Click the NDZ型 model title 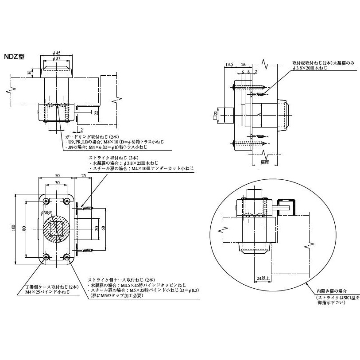[15, 57]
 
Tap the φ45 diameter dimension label [56, 53]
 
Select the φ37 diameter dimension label [56, 58]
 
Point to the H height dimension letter [29, 73]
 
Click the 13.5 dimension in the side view [229, 65]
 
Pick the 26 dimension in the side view [243, 65]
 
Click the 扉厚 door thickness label [265, 163]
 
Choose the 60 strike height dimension [104, 228]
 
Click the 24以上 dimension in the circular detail [263, 279]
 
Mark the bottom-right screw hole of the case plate [67, 257]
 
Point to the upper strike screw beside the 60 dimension [84, 206]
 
